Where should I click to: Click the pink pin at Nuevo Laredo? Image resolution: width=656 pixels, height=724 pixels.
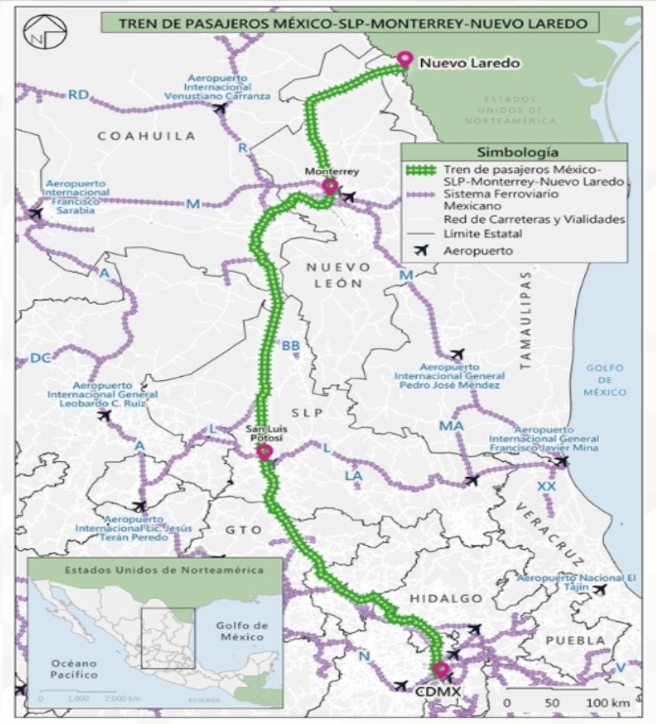[x=404, y=59]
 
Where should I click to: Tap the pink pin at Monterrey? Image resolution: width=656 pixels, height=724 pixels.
[x=329, y=186]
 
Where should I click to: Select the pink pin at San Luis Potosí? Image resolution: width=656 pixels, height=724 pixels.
[x=264, y=452]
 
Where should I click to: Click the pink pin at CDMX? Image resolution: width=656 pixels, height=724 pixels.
[x=441, y=670]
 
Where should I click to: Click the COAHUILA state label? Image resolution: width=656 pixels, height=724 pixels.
[x=147, y=136]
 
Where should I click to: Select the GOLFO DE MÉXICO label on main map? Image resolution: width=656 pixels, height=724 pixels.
[x=605, y=380]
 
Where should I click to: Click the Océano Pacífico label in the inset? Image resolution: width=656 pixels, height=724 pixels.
[x=68, y=668]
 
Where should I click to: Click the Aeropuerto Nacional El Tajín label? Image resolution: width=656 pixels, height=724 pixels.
[x=577, y=582]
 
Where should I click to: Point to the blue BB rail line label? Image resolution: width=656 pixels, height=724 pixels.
[x=291, y=345]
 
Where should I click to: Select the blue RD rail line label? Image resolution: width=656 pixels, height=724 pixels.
[x=78, y=95]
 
